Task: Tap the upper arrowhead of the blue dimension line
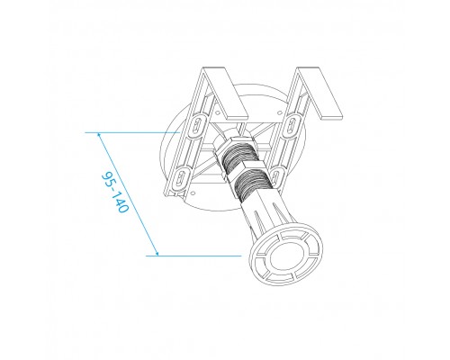[98, 135]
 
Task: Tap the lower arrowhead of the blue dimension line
[156, 254]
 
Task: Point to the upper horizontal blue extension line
[126, 132]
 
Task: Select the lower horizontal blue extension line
[198, 256]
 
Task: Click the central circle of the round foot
[283, 257]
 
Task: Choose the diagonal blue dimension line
[126, 193]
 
